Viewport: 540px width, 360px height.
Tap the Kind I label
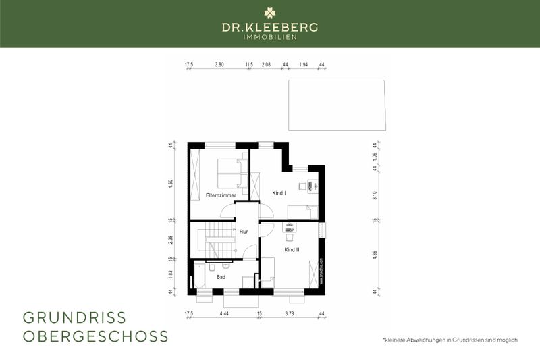click(x=279, y=194)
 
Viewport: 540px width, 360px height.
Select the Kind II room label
click(x=292, y=250)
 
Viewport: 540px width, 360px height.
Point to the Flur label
click(x=244, y=232)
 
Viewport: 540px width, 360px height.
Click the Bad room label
click(x=221, y=277)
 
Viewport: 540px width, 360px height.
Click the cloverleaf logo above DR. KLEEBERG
click(x=269, y=13)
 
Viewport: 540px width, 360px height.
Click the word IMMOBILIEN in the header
click(x=270, y=37)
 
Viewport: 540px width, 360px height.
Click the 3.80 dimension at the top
click(x=219, y=65)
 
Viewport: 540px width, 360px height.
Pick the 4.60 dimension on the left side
click(x=171, y=183)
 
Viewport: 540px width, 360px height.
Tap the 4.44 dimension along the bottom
click(x=224, y=313)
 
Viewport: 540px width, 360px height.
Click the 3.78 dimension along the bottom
click(x=290, y=313)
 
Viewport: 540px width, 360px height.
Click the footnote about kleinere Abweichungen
click(x=450, y=340)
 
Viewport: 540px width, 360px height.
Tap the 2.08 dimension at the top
click(x=266, y=65)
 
